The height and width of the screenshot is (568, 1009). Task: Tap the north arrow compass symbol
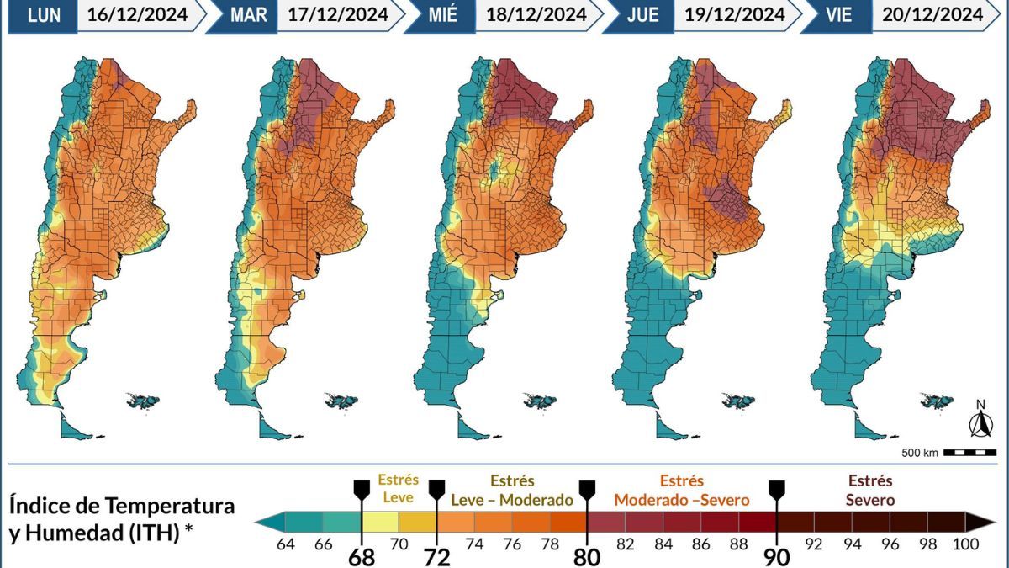click(x=980, y=420)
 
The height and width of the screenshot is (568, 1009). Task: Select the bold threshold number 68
click(x=362, y=557)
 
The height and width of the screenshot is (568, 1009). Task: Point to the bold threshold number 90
click(x=777, y=557)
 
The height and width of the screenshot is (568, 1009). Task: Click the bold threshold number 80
click(x=587, y=557)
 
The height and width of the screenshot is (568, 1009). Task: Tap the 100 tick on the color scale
click(x=965, y=544)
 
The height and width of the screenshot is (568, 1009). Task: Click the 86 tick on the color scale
click(x=700, y=544)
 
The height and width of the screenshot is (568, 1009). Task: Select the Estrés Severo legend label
click(x=870, y=491)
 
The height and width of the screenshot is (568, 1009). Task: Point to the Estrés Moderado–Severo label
click(x=681, y=491)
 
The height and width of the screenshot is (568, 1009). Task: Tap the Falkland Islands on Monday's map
click(x=143, y=400)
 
